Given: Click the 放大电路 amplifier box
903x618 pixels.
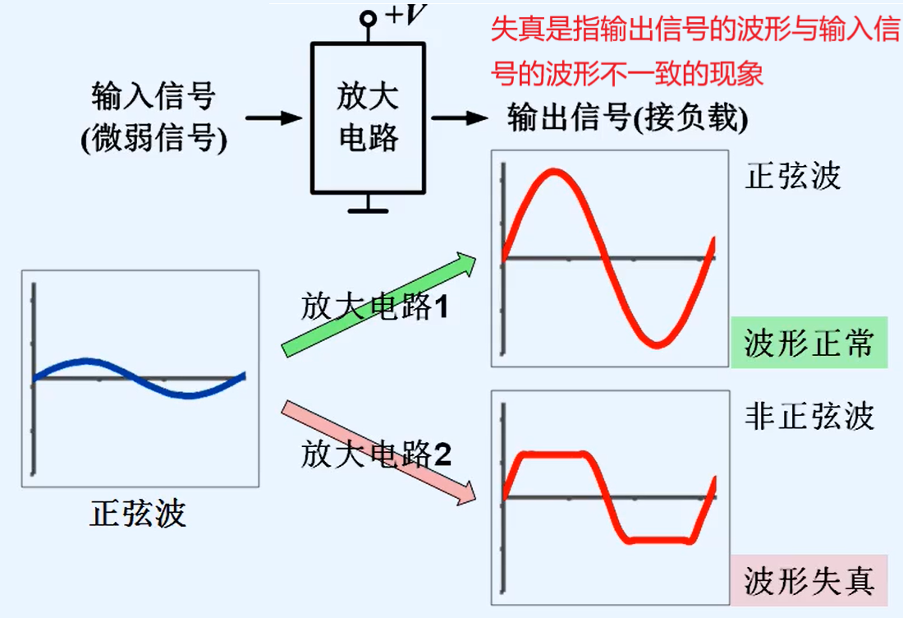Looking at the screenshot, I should (367, 117).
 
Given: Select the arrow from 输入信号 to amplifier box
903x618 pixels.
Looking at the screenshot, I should (274, 118).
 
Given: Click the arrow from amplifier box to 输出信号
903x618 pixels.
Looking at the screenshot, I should (460, 118).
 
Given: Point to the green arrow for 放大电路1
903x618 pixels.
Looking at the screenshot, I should (378, 305).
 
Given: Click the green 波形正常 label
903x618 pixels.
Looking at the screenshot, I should (809, 343).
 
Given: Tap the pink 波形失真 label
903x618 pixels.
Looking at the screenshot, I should (809, 580).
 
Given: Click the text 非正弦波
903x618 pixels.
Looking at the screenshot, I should (809, 417).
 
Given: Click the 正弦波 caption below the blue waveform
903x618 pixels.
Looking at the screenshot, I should (138, 513).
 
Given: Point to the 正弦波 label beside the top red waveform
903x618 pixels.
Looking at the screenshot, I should (793, 177).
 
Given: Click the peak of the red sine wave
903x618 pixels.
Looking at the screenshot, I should (555, 173).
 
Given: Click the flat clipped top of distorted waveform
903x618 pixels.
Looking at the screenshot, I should (555, 454).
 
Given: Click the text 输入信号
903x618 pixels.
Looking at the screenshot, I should (154, 96).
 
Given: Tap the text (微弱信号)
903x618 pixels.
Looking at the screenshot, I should (154, 139).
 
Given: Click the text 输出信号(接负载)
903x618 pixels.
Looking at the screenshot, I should (628, 118).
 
